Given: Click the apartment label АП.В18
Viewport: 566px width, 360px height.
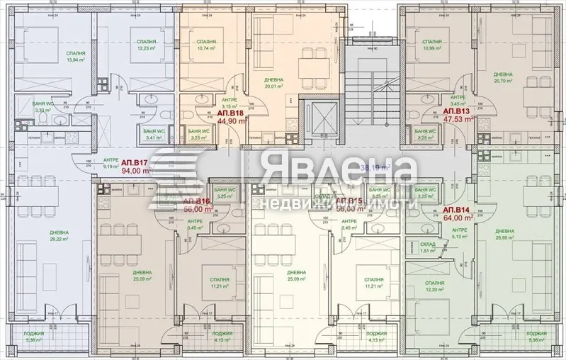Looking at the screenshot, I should point(230,113).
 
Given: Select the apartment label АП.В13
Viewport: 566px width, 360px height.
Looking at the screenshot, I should point(457,112).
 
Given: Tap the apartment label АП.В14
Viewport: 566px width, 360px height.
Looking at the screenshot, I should point(458,210).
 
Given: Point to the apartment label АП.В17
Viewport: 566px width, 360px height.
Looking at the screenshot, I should point(137,162).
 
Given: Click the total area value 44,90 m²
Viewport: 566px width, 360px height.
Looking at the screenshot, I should point(230,121).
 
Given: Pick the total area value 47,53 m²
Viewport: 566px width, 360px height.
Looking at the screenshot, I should point(457,120).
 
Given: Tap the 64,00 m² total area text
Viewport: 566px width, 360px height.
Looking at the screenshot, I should point(458,219).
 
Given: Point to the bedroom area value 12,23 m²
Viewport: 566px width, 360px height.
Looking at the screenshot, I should point(147,48).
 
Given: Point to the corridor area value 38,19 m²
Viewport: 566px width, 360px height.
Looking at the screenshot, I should point(375,168).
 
